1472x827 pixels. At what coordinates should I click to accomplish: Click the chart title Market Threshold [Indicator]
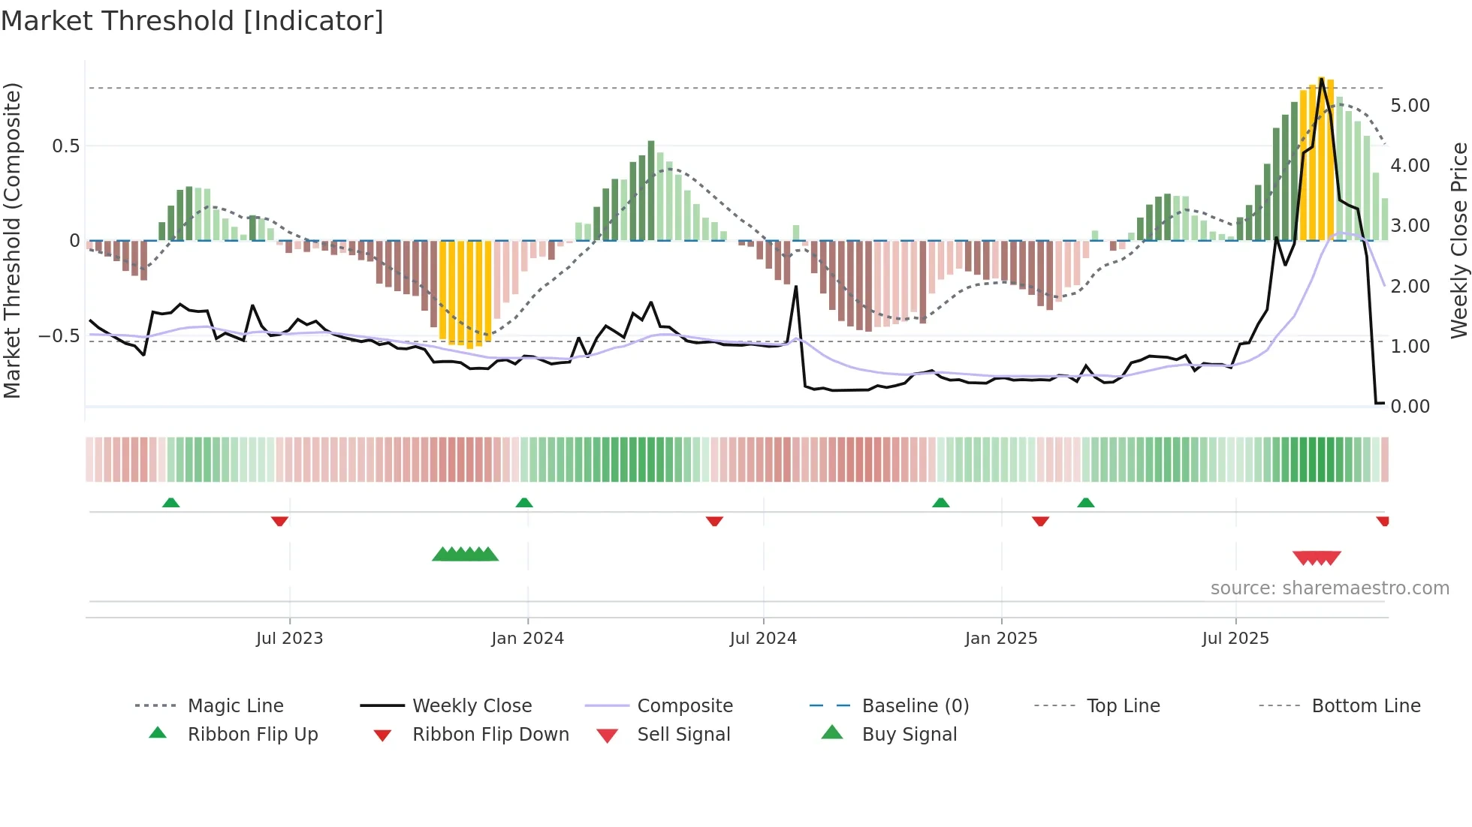[x=192, y=21]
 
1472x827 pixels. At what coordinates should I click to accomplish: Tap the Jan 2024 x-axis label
[x=527, y=639]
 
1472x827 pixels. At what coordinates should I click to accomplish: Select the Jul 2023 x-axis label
[x=289, y=639]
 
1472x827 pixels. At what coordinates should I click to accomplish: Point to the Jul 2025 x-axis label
[x=1235, y=639]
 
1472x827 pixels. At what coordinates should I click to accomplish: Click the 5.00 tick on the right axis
[x=1410, y=106]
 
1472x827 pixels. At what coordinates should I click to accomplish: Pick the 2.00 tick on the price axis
[x=1410, y=287]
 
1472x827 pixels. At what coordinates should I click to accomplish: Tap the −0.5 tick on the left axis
[x=59, y=335]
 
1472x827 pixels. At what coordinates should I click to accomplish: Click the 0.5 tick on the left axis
[x=65, y=146]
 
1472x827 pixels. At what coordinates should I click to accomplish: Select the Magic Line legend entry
[x=235, y=706]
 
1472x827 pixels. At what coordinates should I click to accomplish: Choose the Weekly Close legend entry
[x=472, y=706]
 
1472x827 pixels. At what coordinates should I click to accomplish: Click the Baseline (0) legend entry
[x=915, y=706]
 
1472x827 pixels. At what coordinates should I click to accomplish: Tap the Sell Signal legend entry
[x=683, y=735]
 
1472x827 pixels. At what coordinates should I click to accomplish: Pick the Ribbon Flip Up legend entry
[x=252, y=735]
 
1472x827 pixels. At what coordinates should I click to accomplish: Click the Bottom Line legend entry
[x=1365, y=706]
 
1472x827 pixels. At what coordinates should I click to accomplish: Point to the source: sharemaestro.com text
[x=1329, y=588]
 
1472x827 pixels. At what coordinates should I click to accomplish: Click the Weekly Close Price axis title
[x=1458, y=240]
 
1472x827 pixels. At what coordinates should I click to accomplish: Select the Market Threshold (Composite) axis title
[x=12, y=240]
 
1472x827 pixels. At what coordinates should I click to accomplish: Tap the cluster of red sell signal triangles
[x=1317, y=558]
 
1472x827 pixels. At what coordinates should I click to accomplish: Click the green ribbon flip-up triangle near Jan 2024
[x=524, y=503]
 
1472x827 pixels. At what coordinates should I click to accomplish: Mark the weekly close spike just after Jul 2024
[x=796, y=287]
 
